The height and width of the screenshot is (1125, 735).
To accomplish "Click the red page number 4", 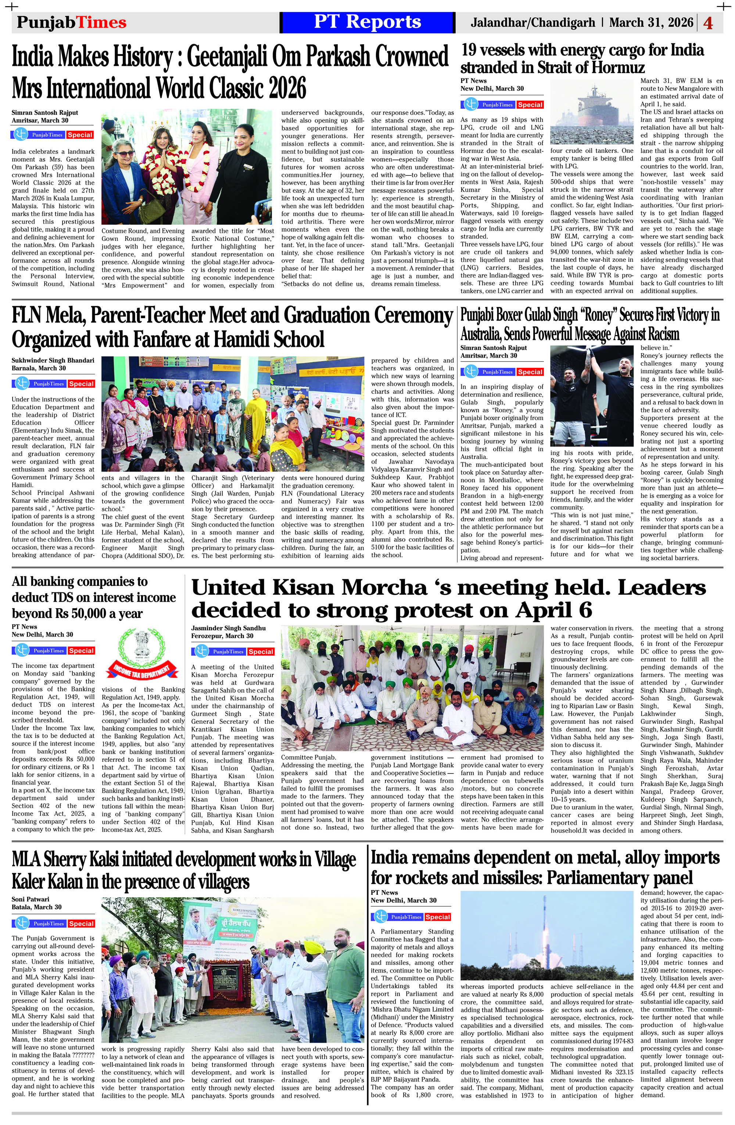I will (x=708, y=23).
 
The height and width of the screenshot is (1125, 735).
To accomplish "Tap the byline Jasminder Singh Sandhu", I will (x=228, y=628).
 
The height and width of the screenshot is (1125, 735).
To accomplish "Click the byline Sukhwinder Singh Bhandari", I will (x=53, y=360).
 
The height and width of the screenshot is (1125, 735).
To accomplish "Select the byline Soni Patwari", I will (x=31, y=899).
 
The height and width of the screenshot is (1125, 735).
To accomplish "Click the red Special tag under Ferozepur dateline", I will (x=261, y=651).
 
